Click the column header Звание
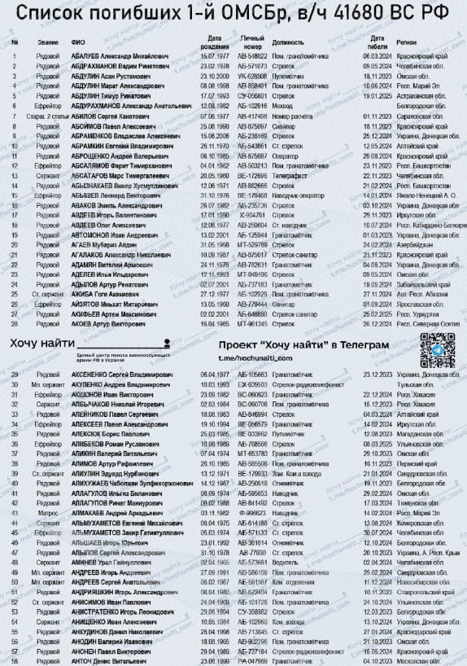50,42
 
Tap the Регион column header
407,42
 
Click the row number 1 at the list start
14,55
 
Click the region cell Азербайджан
415,243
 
